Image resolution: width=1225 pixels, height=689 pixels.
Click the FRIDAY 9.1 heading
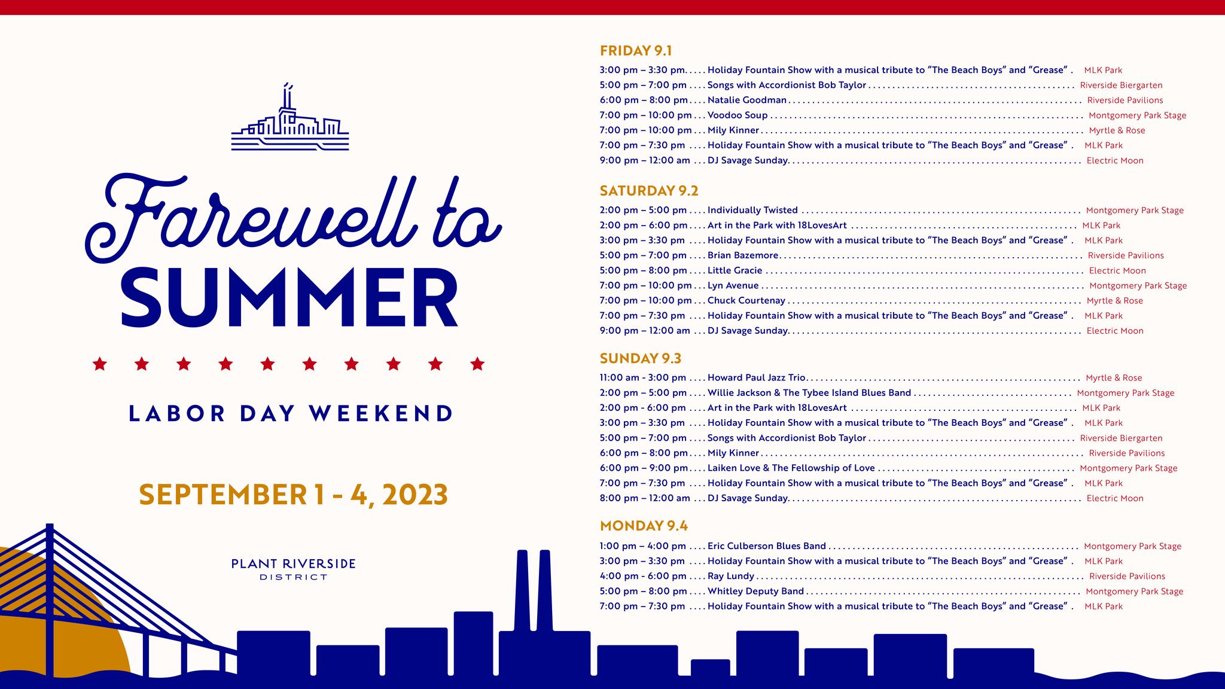[636, 50]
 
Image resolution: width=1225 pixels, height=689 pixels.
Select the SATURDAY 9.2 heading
[649, 191]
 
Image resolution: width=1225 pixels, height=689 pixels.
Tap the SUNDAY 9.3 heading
[641, 358]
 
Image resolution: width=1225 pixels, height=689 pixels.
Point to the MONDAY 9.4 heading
[644, 526]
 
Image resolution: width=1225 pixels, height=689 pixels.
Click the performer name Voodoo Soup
[738, 115]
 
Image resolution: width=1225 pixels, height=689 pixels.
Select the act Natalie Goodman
[747, 100]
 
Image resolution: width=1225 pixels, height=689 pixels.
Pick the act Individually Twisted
[752, 211]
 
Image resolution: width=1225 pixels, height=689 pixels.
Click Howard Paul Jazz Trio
[757, 378]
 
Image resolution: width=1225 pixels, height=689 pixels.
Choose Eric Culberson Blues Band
[767, 546]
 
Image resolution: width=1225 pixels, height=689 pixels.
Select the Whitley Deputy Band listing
[755, 592]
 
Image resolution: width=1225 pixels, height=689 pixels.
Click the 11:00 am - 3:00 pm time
[643, 378]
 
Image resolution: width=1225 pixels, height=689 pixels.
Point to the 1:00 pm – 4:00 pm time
[643, 546]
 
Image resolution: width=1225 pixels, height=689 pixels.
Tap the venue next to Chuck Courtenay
[1115, 301]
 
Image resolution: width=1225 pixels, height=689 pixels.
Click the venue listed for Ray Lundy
[1127, 577]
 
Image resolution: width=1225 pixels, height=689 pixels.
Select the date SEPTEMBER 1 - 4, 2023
[294, 495]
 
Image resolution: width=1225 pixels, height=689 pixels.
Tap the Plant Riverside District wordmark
[294, 569]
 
